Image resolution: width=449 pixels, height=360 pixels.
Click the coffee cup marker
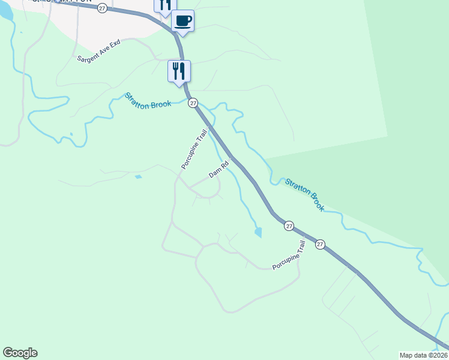[x=183, y=22]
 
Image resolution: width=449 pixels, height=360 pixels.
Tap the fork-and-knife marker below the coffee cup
[x=179, y=71]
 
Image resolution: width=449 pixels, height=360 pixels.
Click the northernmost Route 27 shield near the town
[x=103, y=8]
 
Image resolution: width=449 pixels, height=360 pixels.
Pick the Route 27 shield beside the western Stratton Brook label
[x=193, y=103]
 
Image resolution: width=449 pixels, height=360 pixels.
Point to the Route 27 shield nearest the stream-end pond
[x=289, y=226]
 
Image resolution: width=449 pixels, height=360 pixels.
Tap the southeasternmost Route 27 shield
[x=320, y=244]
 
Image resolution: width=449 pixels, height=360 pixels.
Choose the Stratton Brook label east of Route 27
[x=305, y=194]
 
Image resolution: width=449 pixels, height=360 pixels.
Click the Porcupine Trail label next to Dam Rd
[x=194, y=149]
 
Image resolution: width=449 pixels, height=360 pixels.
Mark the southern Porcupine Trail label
[x=289, y=256]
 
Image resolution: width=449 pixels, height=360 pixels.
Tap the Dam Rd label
[x=219, y=169]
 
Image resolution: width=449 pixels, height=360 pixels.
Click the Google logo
[x=20, y=353]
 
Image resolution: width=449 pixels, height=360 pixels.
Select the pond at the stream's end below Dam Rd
[x=258, y=232]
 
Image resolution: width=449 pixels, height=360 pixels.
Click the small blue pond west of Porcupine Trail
[x=139, y=177]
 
